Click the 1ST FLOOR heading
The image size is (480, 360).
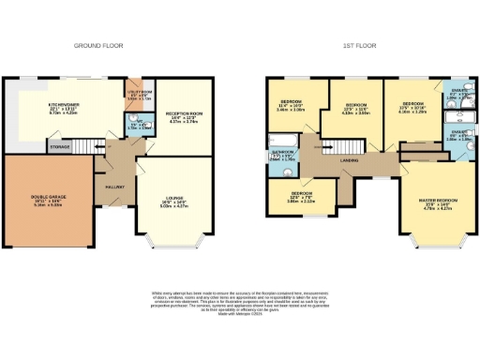(360, 44)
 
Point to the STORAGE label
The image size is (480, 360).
(60, 147)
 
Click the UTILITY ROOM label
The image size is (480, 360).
(137, 94)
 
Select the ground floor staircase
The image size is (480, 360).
(94, 149)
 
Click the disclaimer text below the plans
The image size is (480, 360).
(240, 304)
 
